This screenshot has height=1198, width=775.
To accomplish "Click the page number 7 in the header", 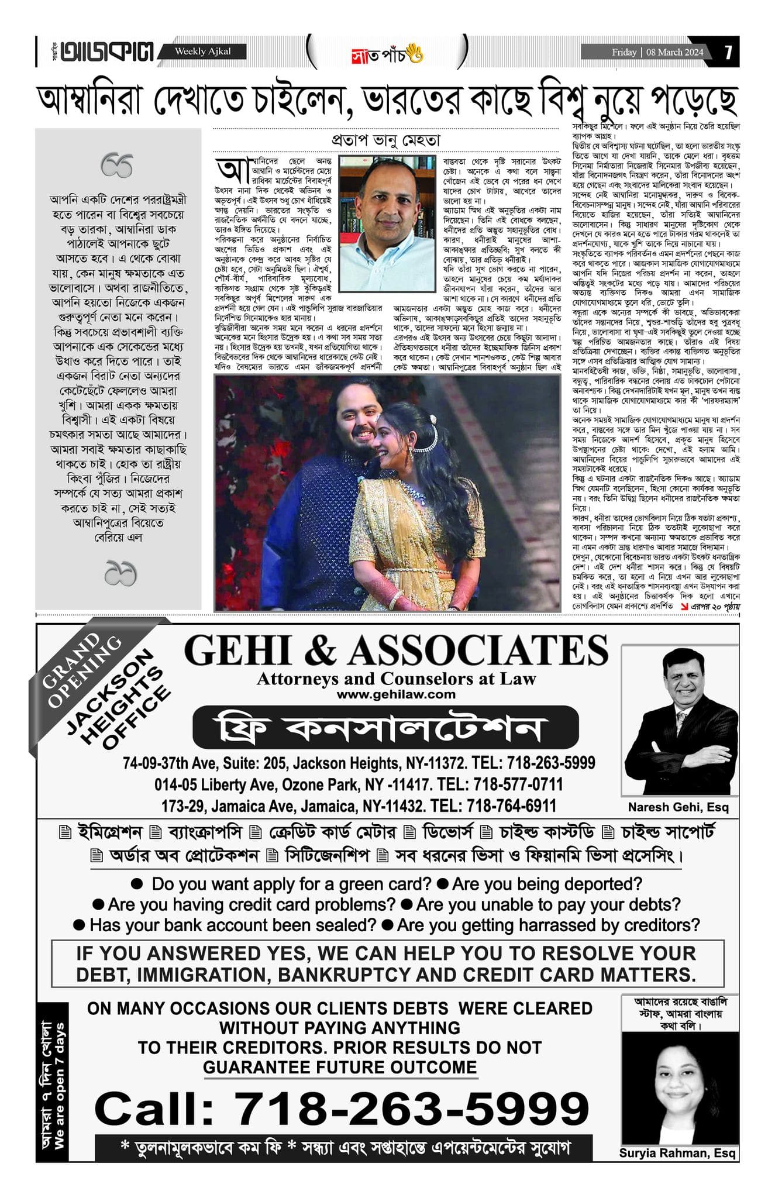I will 728,53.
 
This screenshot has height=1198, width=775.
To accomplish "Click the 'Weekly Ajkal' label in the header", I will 202,51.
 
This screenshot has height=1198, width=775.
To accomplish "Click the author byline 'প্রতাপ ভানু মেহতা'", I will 385,141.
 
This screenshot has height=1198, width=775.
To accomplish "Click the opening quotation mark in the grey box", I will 117,166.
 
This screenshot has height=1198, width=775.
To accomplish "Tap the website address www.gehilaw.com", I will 395,694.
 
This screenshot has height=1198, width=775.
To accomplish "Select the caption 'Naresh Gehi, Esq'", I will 678,807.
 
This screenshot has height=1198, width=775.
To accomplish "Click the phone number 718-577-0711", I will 518,784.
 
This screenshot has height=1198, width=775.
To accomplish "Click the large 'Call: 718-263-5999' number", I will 342,1108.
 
